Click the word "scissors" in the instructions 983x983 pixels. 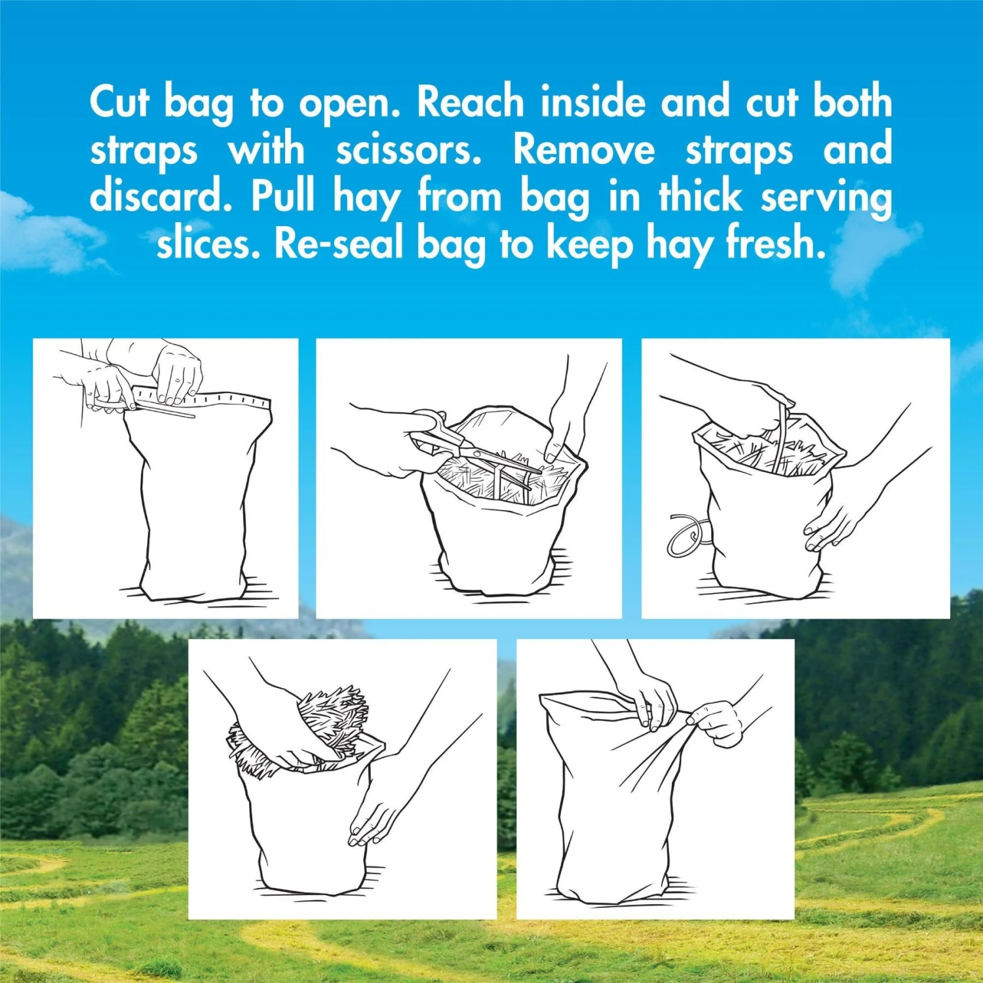click(408, 150)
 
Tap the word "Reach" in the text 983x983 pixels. click(471, 102)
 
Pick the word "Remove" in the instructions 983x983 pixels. click(584, 150)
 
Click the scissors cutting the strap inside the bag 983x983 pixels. click(475, 447)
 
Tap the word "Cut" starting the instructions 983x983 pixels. click(120, 102)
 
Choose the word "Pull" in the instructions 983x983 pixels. click(283, 196)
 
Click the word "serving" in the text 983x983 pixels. click(826, 197)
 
